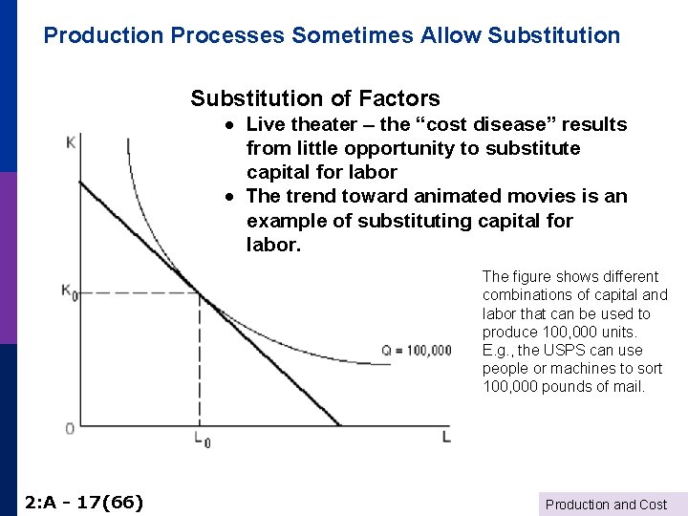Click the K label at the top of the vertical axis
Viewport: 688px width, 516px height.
pyautogui.click(x=70, y=142)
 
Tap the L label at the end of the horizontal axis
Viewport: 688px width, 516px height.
pyautogui.click(x=445, y=437)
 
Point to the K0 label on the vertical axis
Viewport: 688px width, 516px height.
pyautogui.click(x=69, y=291)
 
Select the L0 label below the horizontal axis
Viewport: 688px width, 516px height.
pyautogui.click(x=200, y=440)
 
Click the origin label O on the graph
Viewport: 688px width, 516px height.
pyautogui.click(x=70, y=428)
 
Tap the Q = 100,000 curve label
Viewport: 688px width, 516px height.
pyautogui.click(x=417, y=351)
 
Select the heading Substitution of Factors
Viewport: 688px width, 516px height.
pyautogui.click(x=315, y=98)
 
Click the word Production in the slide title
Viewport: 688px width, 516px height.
pyautogui.click(x=104, y=35)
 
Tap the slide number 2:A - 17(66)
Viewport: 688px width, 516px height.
pyautogui.click(x=84, y=501)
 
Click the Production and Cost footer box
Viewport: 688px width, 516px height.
pyautogui.click(x=606, y=505)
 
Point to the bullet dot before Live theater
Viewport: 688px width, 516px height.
pyautogui.click(x=230, y=125)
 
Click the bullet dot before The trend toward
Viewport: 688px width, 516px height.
pyautogui.click(x=230, y=197)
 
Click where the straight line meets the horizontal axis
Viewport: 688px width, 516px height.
pyautogui.click(x=339, y=424)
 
